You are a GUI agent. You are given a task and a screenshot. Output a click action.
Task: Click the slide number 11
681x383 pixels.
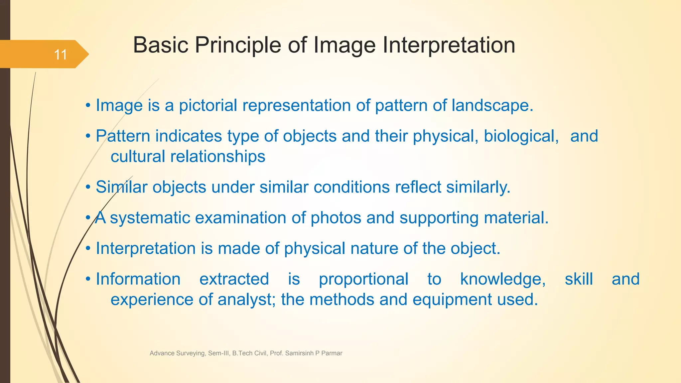click(61, 55)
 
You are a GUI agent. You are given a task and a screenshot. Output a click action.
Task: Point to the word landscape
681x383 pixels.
click(492, 105)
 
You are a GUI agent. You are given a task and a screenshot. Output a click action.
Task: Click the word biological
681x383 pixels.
click(521, 136)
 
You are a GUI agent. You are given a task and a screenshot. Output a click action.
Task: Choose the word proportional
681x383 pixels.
click(363, 279)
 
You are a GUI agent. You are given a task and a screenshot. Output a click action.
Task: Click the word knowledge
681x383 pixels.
click(502, 279)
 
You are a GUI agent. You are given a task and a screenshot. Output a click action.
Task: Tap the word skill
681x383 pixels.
click(579, 279)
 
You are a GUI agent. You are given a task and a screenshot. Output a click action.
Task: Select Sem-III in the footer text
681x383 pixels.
click(219, 353)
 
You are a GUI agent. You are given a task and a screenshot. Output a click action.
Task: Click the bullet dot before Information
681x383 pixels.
click(88, 279)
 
